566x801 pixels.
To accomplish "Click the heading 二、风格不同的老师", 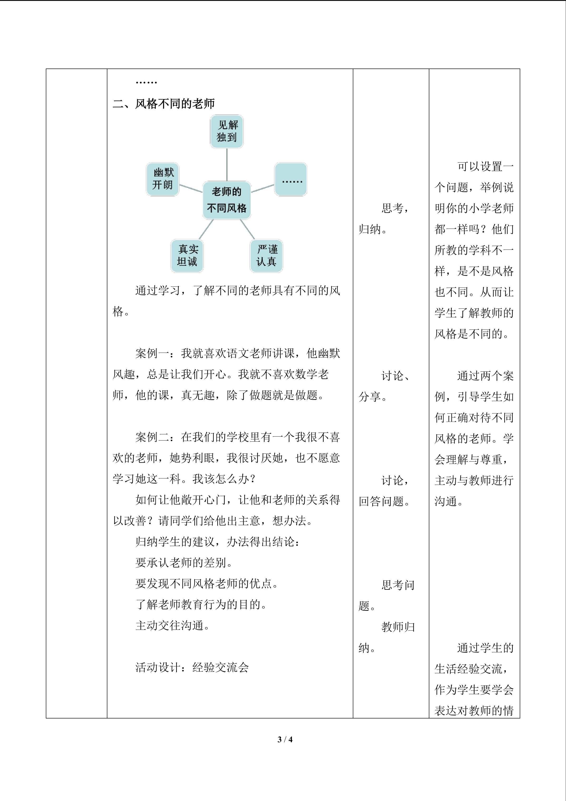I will (164, 104).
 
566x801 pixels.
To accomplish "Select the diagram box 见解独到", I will (227, 132).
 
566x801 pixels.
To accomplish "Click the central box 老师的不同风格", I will (227, 200).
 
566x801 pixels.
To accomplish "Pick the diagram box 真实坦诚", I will (187, 256).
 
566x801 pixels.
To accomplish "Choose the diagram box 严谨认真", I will (266, 256).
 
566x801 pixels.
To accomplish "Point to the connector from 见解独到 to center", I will (227, 165).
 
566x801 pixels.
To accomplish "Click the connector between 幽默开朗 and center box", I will (191, 188).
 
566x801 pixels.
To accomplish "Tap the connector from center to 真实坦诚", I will (206, 230).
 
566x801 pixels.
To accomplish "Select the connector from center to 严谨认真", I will (247, 230).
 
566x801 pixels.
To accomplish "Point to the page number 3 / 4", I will (285, 739).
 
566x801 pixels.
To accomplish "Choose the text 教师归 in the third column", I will (398, 627).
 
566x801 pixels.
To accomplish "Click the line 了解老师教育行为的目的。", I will (201, 604).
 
